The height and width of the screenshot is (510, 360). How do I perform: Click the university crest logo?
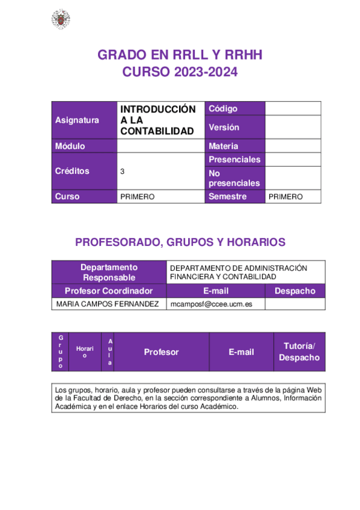60,19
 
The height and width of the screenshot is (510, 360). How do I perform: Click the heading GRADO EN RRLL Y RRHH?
180,55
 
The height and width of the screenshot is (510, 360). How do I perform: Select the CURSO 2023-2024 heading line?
180,72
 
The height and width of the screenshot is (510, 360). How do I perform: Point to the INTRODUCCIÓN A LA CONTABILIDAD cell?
158,120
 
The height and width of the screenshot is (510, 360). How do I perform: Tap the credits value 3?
123,171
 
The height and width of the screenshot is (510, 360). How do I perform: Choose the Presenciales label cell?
234,159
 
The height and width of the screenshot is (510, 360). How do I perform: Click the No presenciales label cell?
234,178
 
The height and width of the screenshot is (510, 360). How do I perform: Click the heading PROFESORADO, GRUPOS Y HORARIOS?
180,242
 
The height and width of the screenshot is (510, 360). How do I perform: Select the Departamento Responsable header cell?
109,272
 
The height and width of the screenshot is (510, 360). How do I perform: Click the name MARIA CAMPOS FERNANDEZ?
108,304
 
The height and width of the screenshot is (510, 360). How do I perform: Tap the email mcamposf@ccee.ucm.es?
211,304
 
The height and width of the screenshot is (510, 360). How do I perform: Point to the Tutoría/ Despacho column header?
299,352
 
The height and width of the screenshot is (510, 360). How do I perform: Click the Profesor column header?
161,352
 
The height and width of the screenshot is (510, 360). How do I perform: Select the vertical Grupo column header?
60,352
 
